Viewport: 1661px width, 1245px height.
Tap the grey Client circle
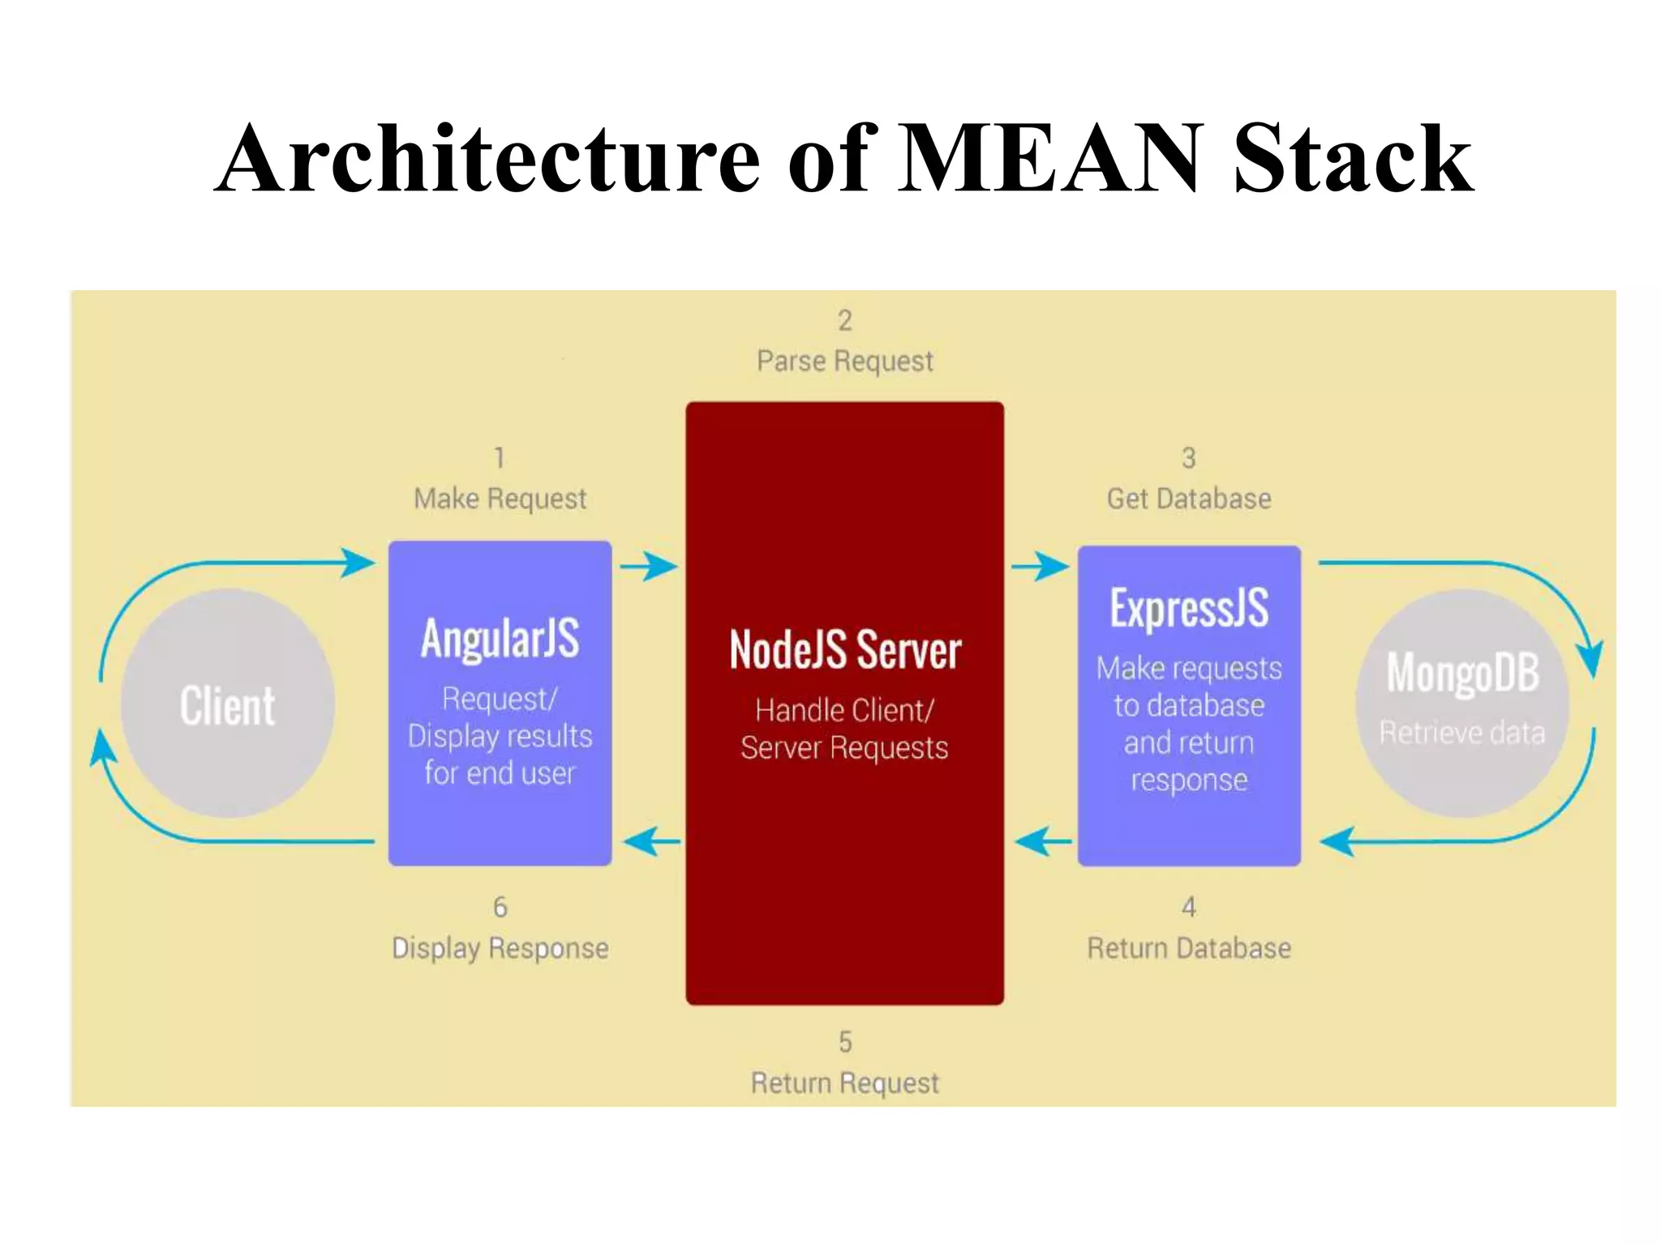pos(228,704)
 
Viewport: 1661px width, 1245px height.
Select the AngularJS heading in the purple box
pos(500,638)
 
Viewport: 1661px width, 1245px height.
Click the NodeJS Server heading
pos(844,650)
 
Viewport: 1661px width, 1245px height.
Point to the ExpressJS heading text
pos(1189,608)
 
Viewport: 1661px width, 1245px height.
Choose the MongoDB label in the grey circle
pos(1462,672)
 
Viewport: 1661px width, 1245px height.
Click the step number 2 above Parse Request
pos(844,320)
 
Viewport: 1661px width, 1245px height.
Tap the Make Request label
pos(500,498)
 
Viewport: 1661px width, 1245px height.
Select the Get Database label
pos(1189,498)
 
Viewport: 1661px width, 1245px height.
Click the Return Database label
pos(1189,948)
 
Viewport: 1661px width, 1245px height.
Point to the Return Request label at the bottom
pos(844,1083)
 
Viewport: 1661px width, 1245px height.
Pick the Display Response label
pos(500,948)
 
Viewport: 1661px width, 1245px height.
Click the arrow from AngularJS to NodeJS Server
pos(648,566)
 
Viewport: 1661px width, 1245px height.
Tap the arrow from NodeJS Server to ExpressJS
pos(1040,566)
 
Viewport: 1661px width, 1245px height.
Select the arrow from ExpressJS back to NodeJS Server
pos(1043,841)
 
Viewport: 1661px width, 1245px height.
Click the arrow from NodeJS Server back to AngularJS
pos(651,841)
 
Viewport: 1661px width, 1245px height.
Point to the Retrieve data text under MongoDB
pos(1462,733)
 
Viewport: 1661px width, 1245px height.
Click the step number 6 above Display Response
pos(500,906)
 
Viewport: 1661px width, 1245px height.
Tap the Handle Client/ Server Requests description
pos(844,729)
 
